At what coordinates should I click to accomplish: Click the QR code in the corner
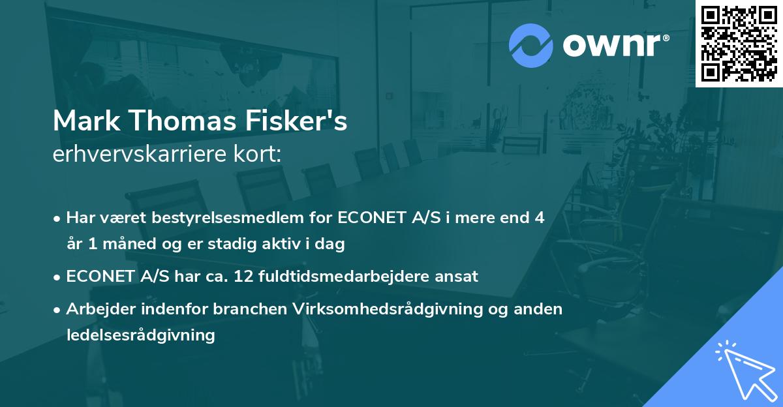click(x=739, y=44)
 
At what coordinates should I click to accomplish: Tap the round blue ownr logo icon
click(x=531, y=45)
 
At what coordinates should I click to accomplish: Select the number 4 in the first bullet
click(x=539, y=217)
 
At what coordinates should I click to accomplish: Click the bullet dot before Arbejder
click(x=58, y=309)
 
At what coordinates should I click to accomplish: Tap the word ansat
click(x=458, y=276)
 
